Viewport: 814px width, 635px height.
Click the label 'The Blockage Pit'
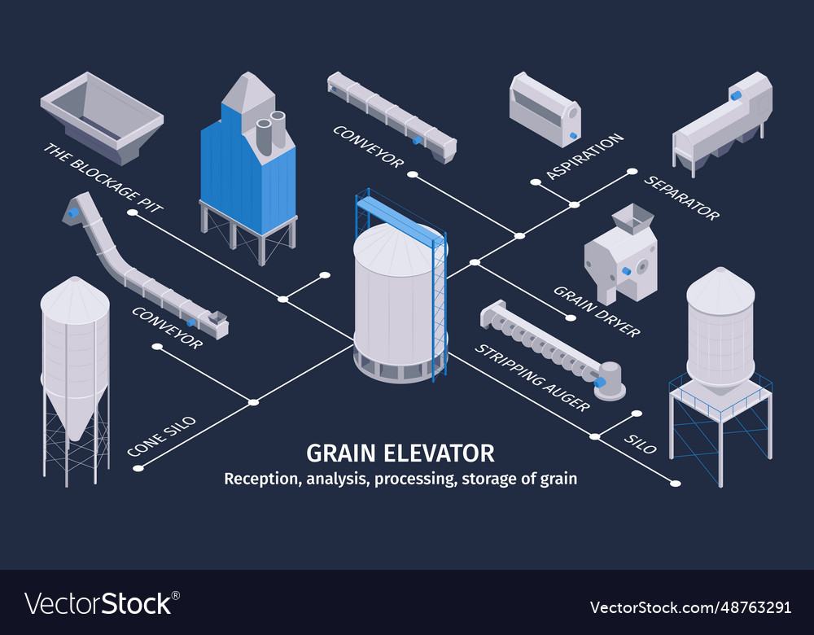[x=103, y=177]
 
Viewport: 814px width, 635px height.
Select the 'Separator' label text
[x=682, y=197]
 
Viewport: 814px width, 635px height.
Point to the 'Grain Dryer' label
[x=597, y=310]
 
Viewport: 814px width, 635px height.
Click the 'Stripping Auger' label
[x=532, y=377]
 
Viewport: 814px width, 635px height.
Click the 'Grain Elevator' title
[x=400, y=453]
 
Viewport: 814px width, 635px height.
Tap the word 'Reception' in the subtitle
[x=261, y=479]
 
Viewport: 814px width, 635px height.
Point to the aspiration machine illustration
[x=544, y=111]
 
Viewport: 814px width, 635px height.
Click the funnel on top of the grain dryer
[x=632, y=217]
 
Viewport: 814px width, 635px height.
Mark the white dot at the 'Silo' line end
[x=675, y=484]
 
